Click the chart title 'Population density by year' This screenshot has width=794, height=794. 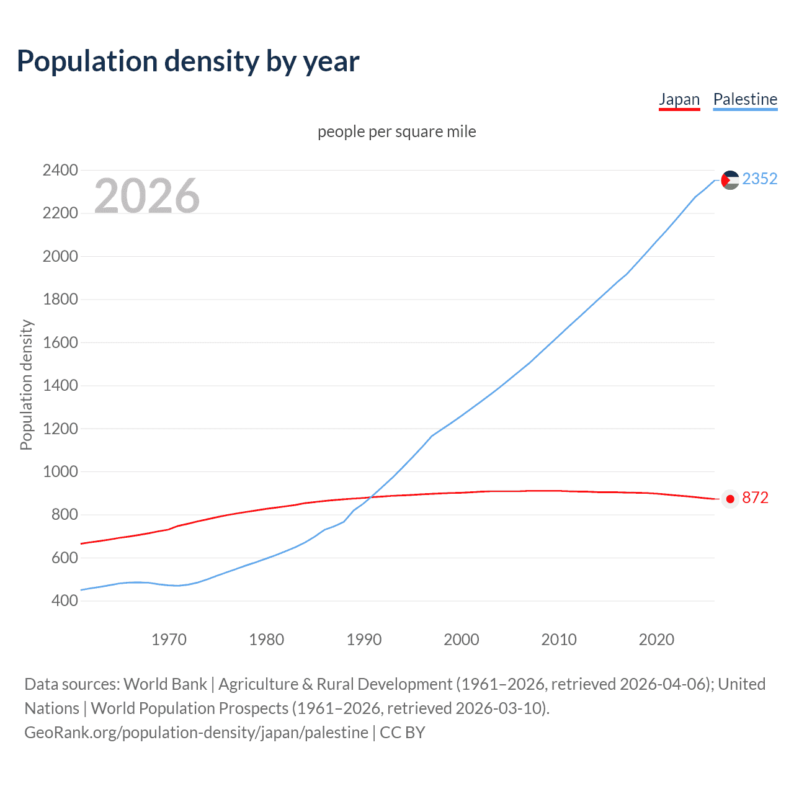(188, 61)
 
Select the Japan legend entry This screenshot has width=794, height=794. (679, 99)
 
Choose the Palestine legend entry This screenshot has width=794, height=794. (745, 99)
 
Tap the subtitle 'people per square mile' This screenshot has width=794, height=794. (396, 132)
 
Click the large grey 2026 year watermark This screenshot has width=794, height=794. (147, 196)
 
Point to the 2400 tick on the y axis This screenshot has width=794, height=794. (60, 171)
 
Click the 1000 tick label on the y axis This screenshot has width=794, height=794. (60, 472)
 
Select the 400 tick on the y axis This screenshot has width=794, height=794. (65, 601)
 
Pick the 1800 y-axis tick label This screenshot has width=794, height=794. (60, 300)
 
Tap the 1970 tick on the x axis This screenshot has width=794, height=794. (169, 640)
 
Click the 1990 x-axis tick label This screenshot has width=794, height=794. (364, 640)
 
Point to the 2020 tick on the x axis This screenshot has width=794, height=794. (656, 640)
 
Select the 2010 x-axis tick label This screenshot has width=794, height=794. (559, 640)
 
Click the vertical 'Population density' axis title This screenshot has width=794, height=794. (26, 385)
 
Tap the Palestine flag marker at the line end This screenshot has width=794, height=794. (730, 180)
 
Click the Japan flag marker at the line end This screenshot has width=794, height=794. (730, 499)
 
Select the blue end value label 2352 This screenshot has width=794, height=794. (759, 179)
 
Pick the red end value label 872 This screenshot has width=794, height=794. (755, 498)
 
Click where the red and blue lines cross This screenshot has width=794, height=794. (370, 497)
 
